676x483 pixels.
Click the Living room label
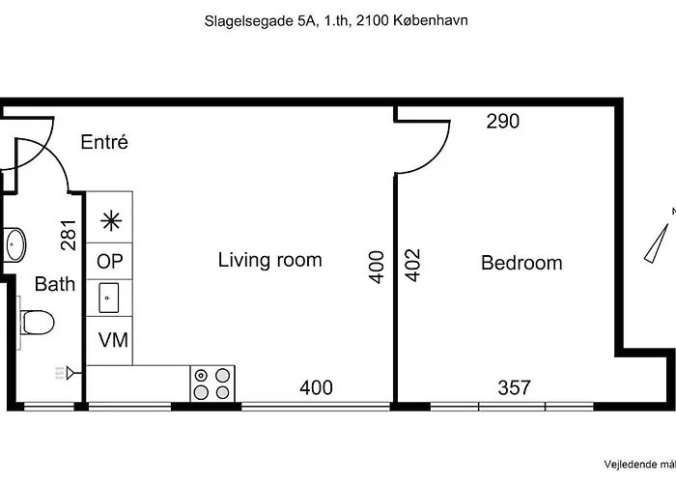click(x=269, y=260)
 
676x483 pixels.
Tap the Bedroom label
click(x=521, y=263)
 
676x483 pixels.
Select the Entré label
click(x=104, y=142)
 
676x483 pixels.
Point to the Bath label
click(x=55, y=284)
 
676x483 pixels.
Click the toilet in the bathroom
click(x=37, y=323)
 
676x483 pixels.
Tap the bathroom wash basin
click(x=14, y=245)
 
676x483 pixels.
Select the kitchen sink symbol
click(x=108, y=298)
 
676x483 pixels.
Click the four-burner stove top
click(x=212, y=384)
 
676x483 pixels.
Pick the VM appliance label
click(x=113, y=340)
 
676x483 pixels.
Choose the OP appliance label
click(x=109, y=262)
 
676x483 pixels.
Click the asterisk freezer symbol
click(x=111, y=221)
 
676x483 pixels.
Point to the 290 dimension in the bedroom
click(x=503, y=121)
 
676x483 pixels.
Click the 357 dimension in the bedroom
click(x=514, y=387)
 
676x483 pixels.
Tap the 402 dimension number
click(x=413, y=266)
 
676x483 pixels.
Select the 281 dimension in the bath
click(x=69, y=236)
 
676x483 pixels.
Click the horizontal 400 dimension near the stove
click(x=316, y=387)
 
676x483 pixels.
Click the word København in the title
click(x=431, y=20)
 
